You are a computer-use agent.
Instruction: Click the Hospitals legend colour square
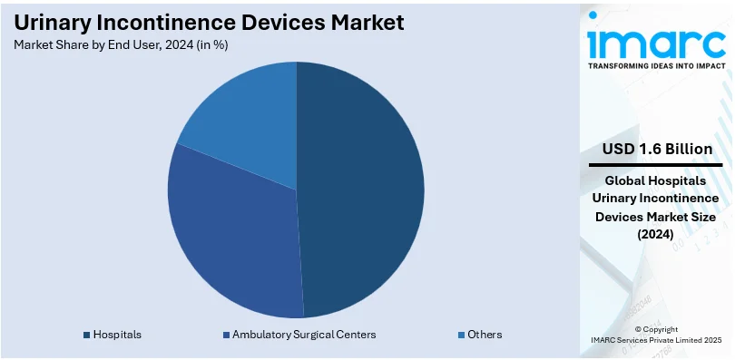pos(86,335)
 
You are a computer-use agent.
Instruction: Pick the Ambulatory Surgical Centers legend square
pos(226,335)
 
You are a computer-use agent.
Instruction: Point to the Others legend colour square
pos(462,335)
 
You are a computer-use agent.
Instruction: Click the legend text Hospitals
pos(117,335)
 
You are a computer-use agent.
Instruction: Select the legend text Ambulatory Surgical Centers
pos(303,335)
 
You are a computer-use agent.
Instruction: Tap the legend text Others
pos(485,335)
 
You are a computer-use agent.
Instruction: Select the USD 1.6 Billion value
pos(657,149)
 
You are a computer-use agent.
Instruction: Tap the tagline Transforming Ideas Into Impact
pos(656,66)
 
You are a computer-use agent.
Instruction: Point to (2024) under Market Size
pos(656,234)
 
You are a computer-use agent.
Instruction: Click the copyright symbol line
pos(656,329)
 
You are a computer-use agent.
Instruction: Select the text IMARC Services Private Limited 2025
pos(656,340)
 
